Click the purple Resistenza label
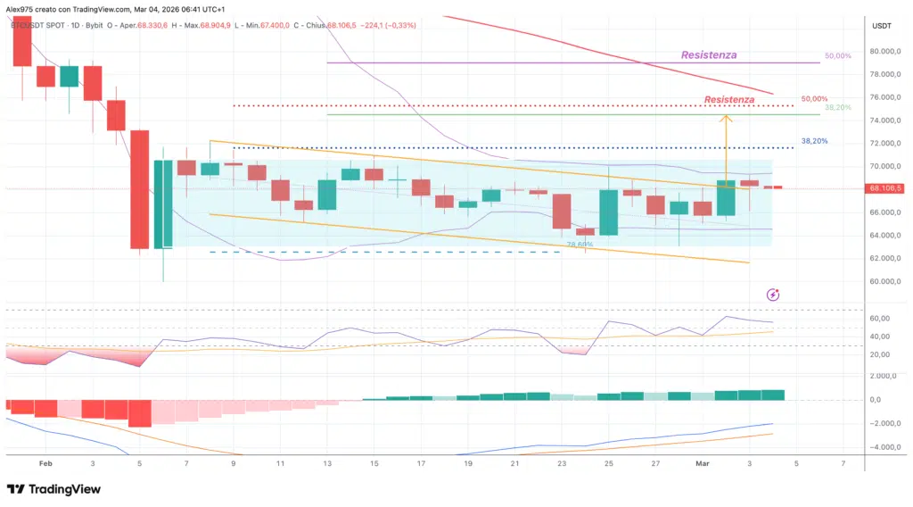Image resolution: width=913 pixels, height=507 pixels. pyautogui.click(x=709, y=55)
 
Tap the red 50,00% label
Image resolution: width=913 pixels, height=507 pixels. pyautogui.click(x=813, y=99)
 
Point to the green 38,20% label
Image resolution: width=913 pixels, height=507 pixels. pyautogui.click(x=838, y=108)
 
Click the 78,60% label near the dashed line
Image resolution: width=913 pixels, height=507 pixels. pyautogui.click(x=580, y=244)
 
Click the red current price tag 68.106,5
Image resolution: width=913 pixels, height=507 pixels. pyautogui.click(x=885, y=188)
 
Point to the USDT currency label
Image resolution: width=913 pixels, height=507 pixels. pyautogui.click(x=882, y=26)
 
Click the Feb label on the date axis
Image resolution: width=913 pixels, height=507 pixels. pyautogui.click(x=45, y=464)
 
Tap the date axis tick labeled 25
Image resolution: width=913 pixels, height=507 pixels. pyautogui.click(x=609, y=464)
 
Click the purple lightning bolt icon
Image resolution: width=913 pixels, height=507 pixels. pyautogui.click(x=773, y=295)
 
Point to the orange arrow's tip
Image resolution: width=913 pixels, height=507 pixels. pyautogui.click(x=726, y=116)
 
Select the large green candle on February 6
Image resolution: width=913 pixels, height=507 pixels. pyautogui.click(x=163, y=204)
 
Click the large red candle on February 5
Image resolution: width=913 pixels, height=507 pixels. pyautogui.click(x=139, y=189)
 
